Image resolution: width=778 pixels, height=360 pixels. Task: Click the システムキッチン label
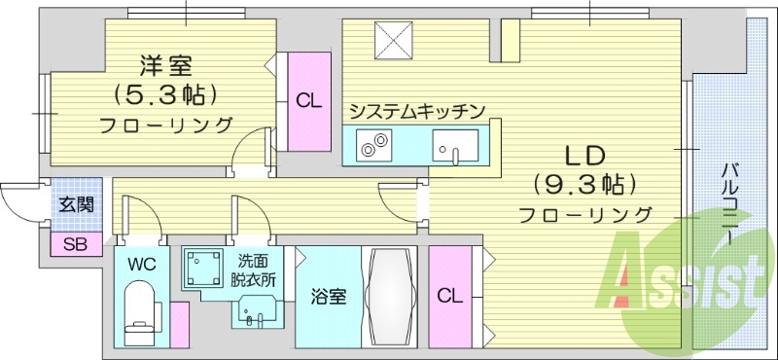pos(416,111)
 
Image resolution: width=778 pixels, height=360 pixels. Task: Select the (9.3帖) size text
pos(584,184)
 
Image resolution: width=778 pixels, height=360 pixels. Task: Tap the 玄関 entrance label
pos(75,204)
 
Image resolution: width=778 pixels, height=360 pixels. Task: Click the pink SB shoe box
pos(75,244)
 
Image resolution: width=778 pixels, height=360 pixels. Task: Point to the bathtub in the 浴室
pos(390,296)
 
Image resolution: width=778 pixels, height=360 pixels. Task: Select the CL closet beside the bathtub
pos(448,295)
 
